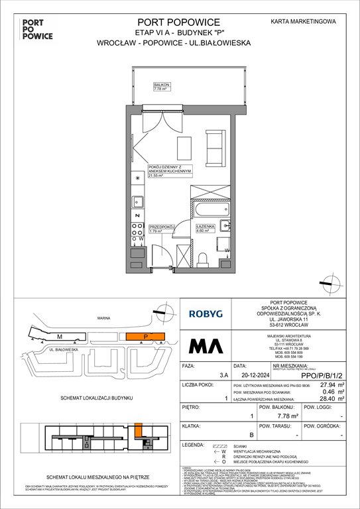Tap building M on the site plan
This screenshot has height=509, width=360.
pyautogui.click(x=59, y=337)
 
